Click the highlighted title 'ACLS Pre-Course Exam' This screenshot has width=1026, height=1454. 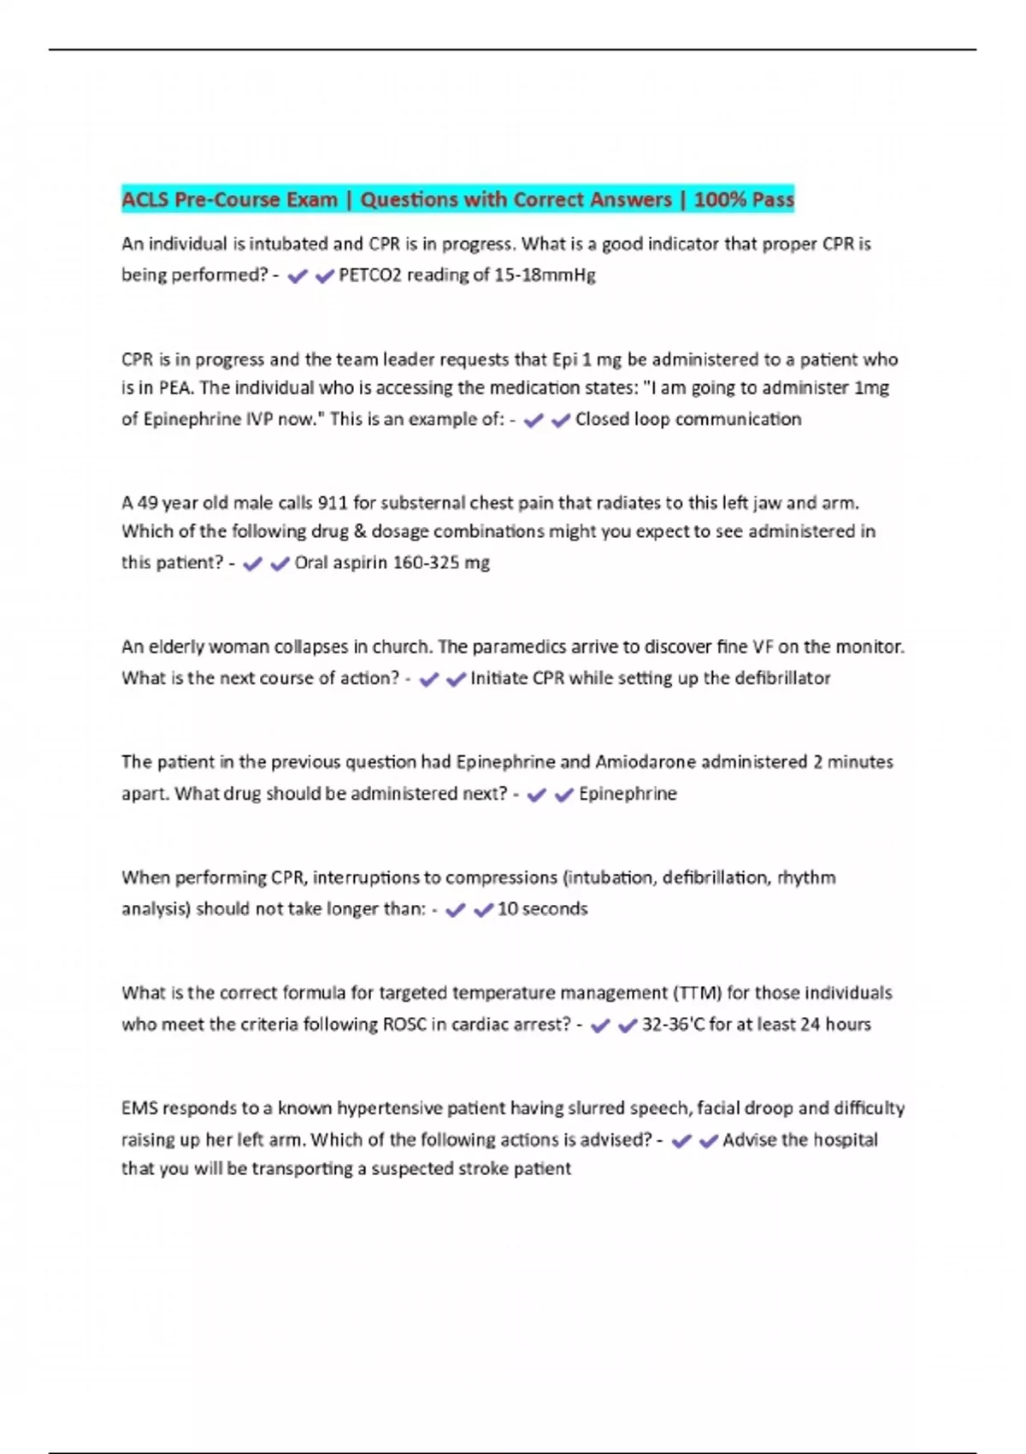coord(229,200)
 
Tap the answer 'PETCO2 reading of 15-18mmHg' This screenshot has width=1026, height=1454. coord(467,275)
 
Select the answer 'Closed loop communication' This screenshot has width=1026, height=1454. coord(687,419)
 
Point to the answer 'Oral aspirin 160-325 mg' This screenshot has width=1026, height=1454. coord(392,563)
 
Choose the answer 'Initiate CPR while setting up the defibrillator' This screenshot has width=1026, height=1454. coord(650,678)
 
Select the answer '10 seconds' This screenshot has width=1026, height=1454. coord(542,909)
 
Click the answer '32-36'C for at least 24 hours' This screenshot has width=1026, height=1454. coord(756,1025)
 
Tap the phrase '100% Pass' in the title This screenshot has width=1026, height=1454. coord(744,200)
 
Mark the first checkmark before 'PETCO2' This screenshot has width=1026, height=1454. coord(298,276)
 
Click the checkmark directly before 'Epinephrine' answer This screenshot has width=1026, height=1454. coord(563,795)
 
